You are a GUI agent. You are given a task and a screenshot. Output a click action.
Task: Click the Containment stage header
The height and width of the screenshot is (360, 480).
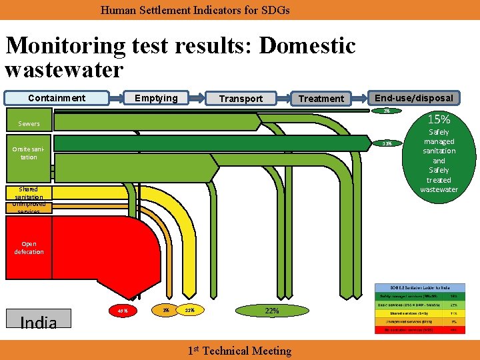point(56,98)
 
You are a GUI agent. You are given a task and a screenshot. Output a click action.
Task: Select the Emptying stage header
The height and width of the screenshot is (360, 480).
point(156,98)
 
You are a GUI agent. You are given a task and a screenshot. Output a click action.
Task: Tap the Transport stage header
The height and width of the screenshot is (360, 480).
point(241,99)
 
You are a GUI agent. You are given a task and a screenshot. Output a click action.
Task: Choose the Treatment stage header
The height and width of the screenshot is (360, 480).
point(321,99)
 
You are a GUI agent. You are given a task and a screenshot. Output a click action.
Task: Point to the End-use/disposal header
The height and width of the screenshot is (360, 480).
point(413,97)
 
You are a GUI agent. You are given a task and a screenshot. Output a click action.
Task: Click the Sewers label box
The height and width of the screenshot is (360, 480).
point(29,123)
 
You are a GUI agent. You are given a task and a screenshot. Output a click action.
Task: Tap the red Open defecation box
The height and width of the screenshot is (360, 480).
point(29,247)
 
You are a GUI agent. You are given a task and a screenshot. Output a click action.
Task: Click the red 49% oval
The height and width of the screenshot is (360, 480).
point(123,311)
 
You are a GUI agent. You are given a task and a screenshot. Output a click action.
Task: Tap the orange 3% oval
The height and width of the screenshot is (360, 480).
point(165,310)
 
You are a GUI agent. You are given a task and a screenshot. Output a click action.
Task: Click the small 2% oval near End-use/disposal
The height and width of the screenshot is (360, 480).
point(386,111)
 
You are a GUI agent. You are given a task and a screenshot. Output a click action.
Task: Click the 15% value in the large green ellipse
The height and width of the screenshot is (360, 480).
point(439,120)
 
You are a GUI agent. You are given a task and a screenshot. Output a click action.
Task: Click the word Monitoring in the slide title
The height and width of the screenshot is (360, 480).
point(65,46)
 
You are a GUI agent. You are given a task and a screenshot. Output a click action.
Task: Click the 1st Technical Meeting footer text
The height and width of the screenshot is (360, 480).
point(239,351)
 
